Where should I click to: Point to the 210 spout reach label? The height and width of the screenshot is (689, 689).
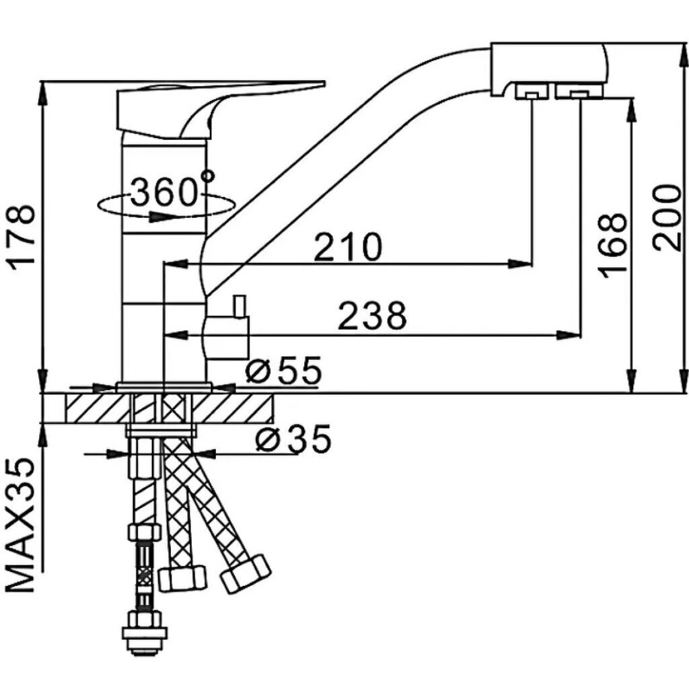[348, 247]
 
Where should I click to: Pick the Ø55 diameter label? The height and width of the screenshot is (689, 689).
[283, 370]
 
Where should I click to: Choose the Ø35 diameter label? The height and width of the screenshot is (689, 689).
[293, 439]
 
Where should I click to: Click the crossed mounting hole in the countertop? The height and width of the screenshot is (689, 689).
[174, 408]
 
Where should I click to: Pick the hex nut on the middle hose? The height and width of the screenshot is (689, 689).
[182, 578]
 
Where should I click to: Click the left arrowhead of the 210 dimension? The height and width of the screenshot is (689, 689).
[176, 264]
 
